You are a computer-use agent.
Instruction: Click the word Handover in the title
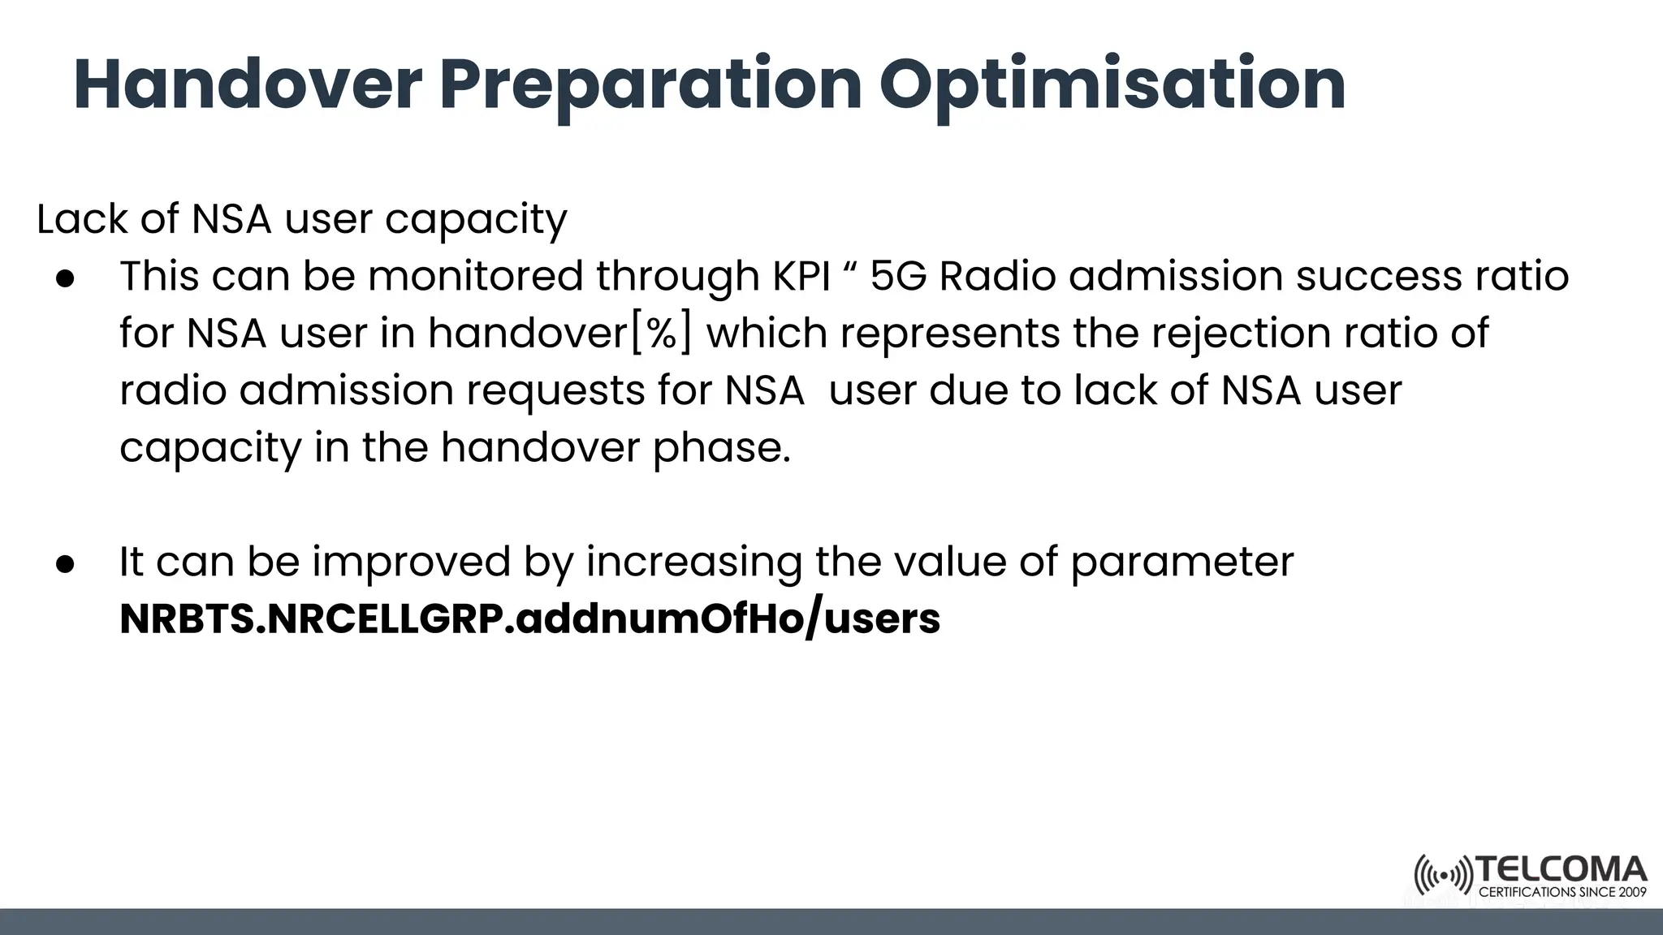click(248, 84)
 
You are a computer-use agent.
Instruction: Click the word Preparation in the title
click(650, 84)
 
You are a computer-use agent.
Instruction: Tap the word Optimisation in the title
click(1112, 84)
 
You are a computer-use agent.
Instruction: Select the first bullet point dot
click(66, 278)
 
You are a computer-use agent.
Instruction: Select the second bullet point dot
click(66, 563)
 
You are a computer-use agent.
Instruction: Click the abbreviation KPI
click(801, 276)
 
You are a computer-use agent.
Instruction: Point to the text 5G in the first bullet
click(898, 276)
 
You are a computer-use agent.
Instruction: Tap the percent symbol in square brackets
click(662, 334)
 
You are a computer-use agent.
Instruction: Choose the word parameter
click(1182, 562)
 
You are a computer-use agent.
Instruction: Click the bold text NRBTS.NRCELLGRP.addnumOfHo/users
click(529, 618)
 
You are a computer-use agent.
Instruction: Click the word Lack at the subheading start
click(81, 219)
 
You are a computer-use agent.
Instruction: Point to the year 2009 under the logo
click(1631, 892)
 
